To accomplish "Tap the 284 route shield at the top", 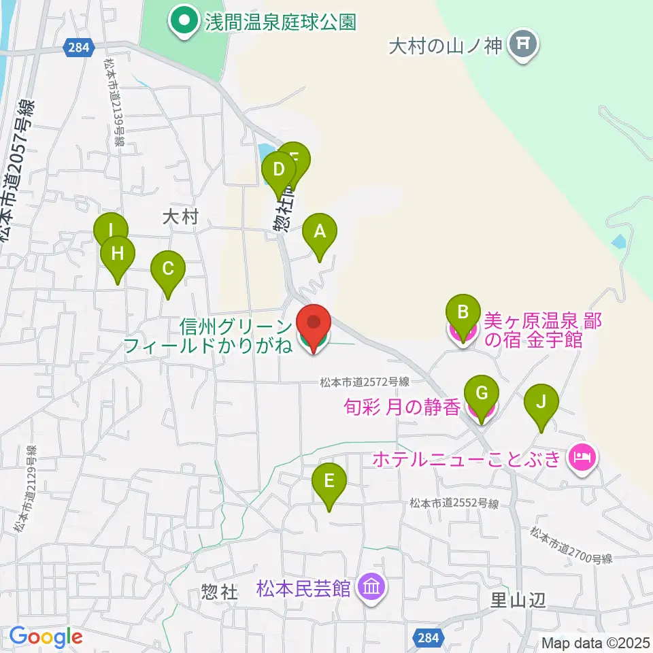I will pos(76,47).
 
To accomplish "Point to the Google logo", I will pos(46,637).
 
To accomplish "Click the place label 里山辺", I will pos(518,600).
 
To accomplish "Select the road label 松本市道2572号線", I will pos(364,382).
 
